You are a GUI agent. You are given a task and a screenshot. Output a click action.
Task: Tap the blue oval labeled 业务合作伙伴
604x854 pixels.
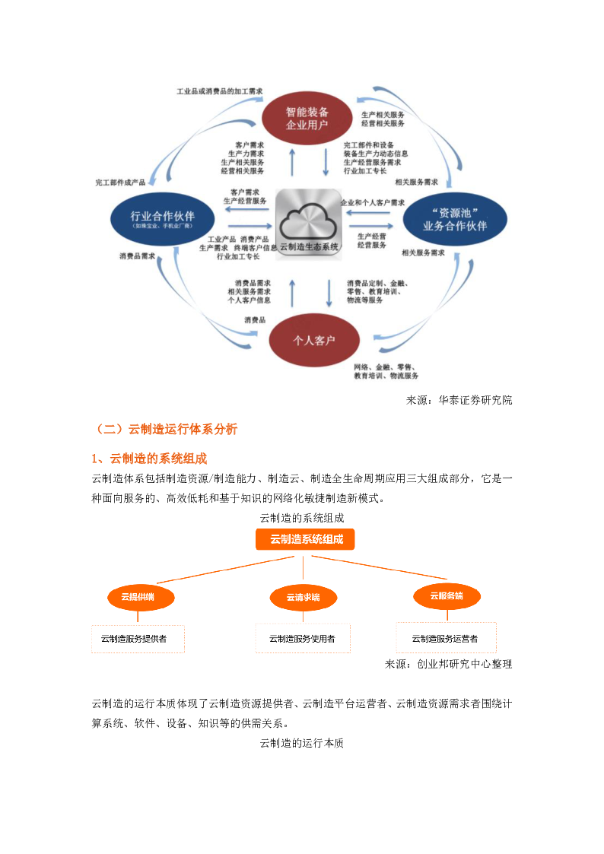click(454, 218)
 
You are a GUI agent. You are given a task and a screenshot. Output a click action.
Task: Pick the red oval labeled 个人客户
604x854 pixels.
click(313, 340)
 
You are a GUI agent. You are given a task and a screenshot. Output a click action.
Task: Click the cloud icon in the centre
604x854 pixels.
click(309, 219)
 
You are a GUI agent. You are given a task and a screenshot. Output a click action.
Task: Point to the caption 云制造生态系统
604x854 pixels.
click(309, 246)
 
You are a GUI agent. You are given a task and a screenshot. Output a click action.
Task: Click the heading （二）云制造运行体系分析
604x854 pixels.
click(165, 430)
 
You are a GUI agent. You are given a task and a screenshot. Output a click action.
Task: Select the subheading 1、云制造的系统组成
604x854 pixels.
click(149, 459)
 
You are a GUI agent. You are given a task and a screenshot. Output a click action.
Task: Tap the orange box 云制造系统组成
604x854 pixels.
click(306, 539)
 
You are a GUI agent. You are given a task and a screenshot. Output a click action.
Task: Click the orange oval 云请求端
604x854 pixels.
click(303, 597)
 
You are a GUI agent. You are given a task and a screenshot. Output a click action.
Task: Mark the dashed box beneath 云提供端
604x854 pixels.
click(138, 639)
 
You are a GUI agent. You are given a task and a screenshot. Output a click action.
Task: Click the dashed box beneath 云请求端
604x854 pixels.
click(303, 638)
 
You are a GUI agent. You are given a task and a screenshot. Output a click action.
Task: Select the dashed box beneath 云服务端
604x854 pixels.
click(446, 637)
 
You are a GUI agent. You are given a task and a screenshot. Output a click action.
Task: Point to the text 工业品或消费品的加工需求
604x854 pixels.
click(220, 91)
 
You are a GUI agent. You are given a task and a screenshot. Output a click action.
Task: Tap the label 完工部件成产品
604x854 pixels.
click(120, 183)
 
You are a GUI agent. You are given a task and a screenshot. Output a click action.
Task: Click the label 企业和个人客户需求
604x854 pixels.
click(373, 203)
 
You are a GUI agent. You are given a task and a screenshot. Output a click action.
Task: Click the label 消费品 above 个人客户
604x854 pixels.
click(255, 320)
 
